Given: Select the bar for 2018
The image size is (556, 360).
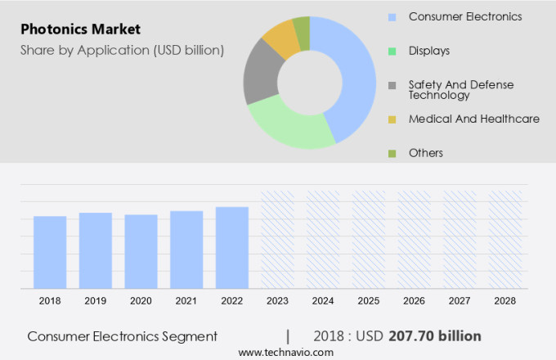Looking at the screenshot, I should point(50,252).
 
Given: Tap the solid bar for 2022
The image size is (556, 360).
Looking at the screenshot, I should point(232,247).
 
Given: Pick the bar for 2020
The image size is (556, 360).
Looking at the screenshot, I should point(141,251).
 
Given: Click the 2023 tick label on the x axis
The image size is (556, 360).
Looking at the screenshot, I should point(277,301).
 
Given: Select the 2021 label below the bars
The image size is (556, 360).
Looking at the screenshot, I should point(186,301).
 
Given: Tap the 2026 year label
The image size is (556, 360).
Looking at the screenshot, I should point(414,301).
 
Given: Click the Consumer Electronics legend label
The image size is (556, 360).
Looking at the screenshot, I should point(464,16).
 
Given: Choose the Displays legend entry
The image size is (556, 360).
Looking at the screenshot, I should point(429,51).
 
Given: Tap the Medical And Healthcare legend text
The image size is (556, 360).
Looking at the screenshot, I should point(473,119).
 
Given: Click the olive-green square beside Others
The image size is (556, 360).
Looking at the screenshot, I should point(392,153).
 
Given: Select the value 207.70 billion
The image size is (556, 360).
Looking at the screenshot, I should point(446,336).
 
